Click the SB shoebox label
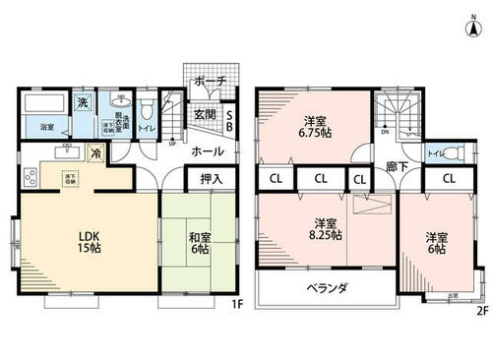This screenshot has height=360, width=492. tap(229, 118)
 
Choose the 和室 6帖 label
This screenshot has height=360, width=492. tap(201, 243)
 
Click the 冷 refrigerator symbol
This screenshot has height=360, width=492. tap(96, 153)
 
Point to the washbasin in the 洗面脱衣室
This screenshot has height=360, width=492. tap(121, 101)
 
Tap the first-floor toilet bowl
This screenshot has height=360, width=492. tap(148, 107)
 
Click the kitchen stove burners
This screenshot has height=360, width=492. tap(27, 178)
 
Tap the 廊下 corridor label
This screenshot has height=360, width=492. tap(397, 167)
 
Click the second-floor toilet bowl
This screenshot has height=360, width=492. tap(451, 154)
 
